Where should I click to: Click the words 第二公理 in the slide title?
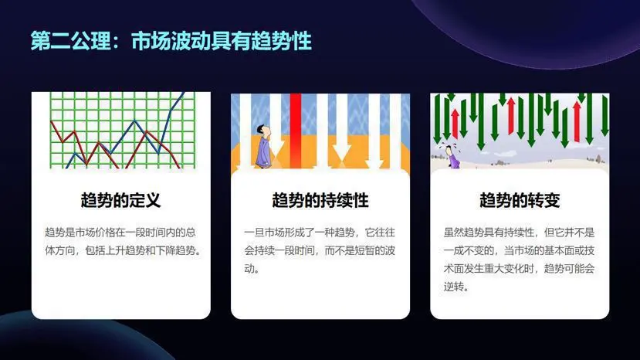pyautogui.click(x=70, y=41)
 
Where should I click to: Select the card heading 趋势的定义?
pyautogui.click(x=120, y=200)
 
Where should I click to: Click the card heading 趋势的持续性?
pyautogui.click(x=320, y=200)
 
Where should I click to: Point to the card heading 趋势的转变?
pyautogui.click(x=520, y=200)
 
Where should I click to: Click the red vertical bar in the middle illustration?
pyautogui.click(x=296, y=131)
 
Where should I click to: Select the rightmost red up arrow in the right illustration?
pyautogui.click(x=577, y=121)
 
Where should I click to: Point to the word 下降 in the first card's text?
pyautogui.click(x=166, y=250)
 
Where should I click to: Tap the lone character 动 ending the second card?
pyautogui.click(x=249, y=269)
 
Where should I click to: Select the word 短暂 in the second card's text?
pyautogui.click(x=364, y=250)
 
